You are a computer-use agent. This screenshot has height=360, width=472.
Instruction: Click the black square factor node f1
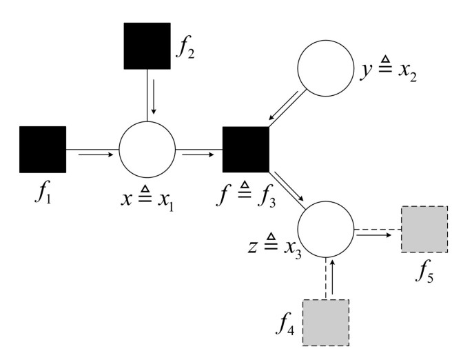[x=43, y=149]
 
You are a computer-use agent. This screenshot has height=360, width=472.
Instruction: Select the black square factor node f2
[x=147, y=46]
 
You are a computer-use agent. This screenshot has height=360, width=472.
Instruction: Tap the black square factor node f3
[x=245, y=149]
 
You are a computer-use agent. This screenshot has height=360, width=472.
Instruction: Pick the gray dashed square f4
[x=327, y=322]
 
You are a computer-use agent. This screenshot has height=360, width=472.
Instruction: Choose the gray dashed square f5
[x=424, y=229]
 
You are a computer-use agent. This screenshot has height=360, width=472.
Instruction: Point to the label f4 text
[x=286, y=322]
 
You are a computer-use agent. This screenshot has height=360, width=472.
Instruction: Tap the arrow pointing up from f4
[x=334, y=275]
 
